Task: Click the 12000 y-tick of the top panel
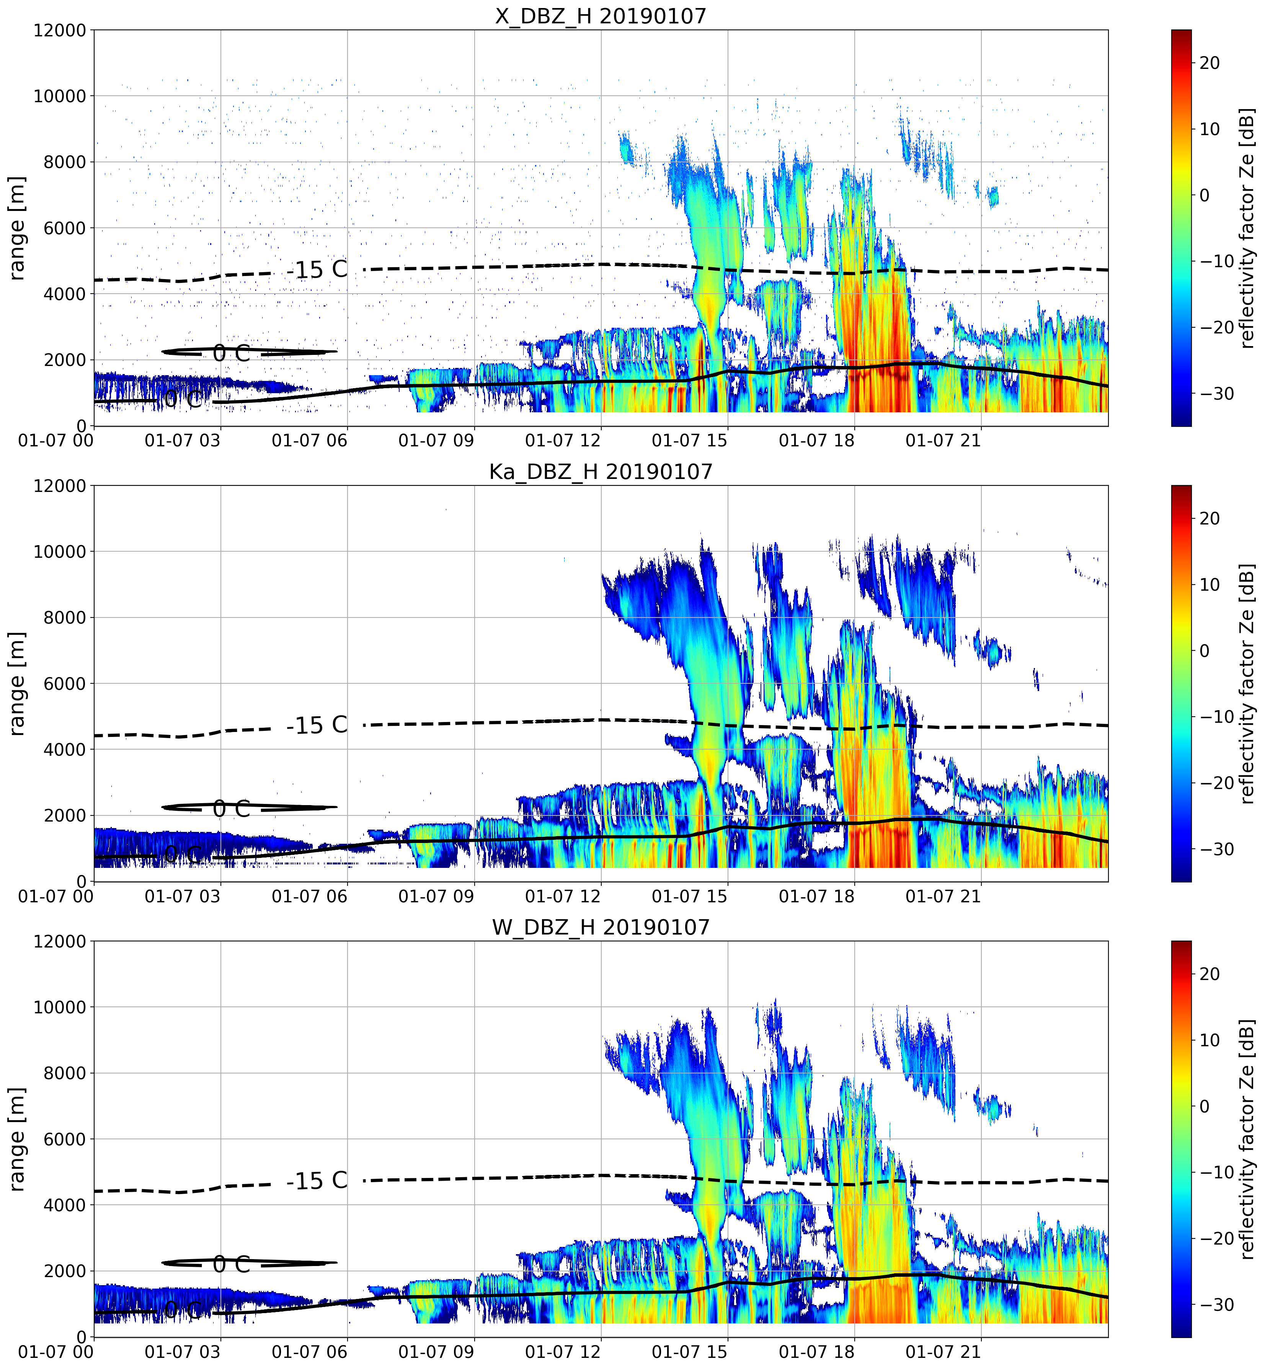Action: (x=60, y=31)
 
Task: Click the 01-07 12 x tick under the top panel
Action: (x=563, y=440)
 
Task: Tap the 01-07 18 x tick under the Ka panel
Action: (x=817, y=896)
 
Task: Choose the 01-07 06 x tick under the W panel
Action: (x=309, y=1352)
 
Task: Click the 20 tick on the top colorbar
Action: (x=1210, y=63)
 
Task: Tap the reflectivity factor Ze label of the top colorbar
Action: (x=1247, y=228)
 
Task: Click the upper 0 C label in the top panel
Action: (x=231, y=353)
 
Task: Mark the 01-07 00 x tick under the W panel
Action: (x=56, y=1352)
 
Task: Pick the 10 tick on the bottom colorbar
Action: (x=1210, y=1040)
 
